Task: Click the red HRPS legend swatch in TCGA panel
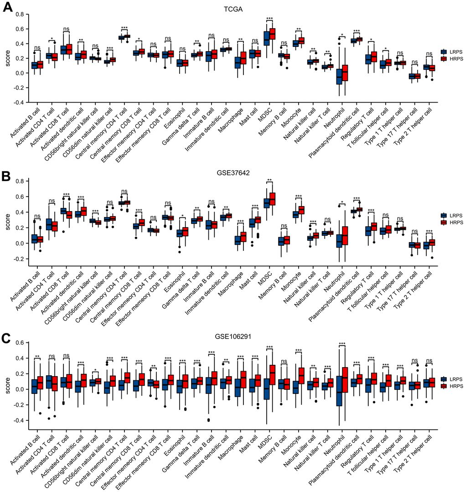pyautogui.click(x=444, y=59)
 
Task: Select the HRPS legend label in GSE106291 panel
pyautogui.click(x=455, y=386)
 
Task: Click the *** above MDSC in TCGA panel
pyautogui.click(x=269, y=19)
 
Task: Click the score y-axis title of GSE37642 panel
pyautogui.click(x=5, y=220)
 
